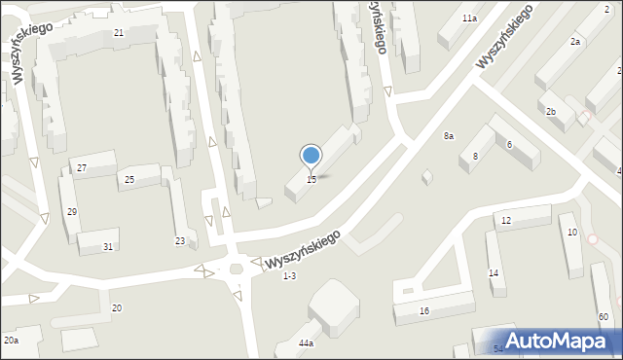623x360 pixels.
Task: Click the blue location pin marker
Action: (x=311, y=156)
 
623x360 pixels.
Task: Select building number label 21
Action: (x=118, y=33)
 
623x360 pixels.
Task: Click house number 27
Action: (x=82, y=168)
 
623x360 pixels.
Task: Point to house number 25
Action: (x=129, y=180)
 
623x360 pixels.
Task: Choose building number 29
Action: (x=72, y=212)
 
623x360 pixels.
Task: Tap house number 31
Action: (x=108, y=247)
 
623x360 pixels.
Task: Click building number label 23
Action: (x=180, y=241)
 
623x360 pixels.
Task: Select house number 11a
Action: (x=470, y=18)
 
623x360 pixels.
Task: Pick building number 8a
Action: (x=449, y=136)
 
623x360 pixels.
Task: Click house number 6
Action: (x=509, y=145)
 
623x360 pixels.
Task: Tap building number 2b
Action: (x=551, y=112)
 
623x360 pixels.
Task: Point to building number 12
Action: (x=506, y=222)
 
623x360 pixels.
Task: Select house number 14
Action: (x=494, y=273)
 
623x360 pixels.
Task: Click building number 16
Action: (x=424, y=311)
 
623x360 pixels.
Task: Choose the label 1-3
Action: (x=289, y=276)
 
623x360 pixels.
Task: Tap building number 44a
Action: (x=306, y=343)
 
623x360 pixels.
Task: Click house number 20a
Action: (x=11, y=341)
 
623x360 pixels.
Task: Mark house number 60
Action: (x=604, y=318)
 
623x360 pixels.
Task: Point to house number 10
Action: (x=572, y=233)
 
